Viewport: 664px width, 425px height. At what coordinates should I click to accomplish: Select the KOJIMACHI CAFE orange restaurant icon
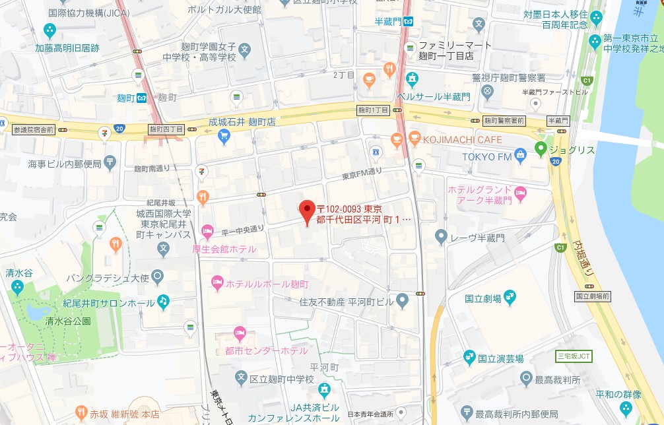(x=415, y=139)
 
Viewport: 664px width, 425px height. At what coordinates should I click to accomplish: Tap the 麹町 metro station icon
(x=141, y=98)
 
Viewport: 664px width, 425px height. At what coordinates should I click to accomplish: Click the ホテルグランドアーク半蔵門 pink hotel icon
(x=520, y=193)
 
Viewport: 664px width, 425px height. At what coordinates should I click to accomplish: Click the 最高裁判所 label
(x=558, y=380)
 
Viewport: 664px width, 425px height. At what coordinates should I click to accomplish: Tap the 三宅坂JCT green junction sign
(x=574, y=356)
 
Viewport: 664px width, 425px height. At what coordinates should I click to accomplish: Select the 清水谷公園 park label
(x=68, y=321)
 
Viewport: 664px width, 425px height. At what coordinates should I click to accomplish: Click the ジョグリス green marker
(x=541, y=149)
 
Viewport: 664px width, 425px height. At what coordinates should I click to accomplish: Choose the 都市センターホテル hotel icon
(x=241, y=333)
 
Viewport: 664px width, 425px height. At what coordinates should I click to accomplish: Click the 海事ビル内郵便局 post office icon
(x=110, y=161)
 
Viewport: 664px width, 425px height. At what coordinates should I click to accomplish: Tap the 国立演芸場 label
(x=501, y=359)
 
